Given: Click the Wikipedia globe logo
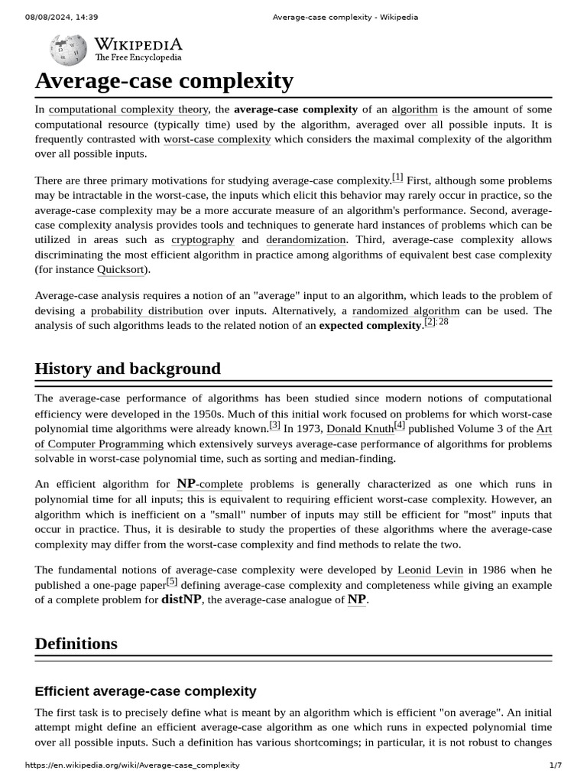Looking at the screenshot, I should point(68,50).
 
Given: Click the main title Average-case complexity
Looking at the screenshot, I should point(164,81).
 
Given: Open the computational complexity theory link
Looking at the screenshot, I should point(128,109).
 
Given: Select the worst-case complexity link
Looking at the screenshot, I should point(217,139).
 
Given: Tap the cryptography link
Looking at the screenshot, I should point(203,239).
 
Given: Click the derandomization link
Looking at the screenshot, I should point(306,239).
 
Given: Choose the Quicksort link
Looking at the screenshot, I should point(121,269).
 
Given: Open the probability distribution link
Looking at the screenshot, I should point(147,310).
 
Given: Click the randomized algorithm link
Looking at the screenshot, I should point(406,310).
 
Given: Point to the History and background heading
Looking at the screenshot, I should point(128,369).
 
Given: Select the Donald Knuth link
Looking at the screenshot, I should point(359,429).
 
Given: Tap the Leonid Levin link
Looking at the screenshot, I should point(430,570).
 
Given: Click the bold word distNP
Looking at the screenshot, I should point(181,599).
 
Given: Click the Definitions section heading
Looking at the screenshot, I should point(76,643).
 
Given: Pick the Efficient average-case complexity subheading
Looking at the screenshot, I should point(145,691).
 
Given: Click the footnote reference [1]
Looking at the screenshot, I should point(397,177).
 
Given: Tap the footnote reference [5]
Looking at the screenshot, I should point(172,582).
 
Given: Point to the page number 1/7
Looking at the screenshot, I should point(555,765).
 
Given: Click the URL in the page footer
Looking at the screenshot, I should point(132,765).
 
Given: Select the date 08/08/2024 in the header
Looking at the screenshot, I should point(48,17).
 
